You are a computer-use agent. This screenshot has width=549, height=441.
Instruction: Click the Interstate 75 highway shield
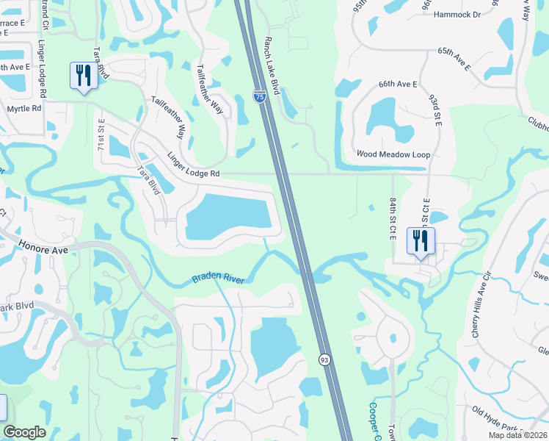pyautogui.click(x=259, y=96)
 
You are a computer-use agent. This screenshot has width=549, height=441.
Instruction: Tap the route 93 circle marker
pyautogui.click(x=324, y=359)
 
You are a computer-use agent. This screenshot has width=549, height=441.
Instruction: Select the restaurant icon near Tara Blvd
pyautogui.click(x=82, y=76)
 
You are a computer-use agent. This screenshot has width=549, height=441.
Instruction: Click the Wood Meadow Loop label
pyautogui.click(x=393, y=154)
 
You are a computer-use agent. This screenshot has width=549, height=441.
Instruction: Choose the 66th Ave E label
pyautogui.click(x=397, y=85)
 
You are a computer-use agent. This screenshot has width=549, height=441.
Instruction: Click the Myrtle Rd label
pyautogui.click(x=24, y=107)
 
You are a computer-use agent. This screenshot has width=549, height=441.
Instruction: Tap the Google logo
pyautogui.click(x=24, y=433)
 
